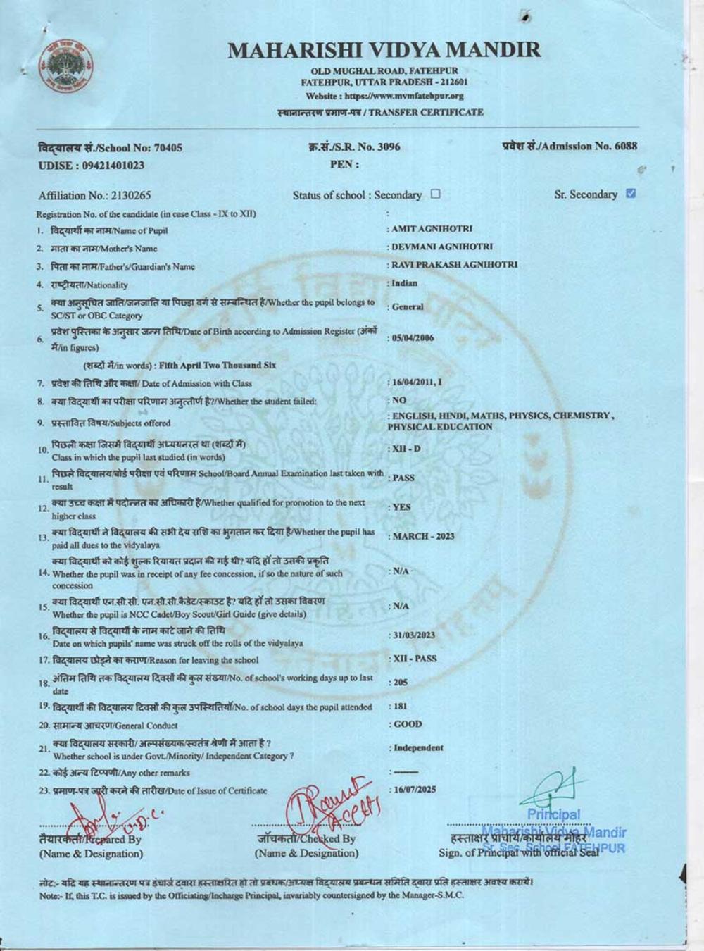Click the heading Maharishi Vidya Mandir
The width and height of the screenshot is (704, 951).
[x=384, y=50]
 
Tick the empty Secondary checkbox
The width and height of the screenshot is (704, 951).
[x=435, y=194]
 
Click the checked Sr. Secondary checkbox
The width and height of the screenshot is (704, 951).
[x=631, y=194]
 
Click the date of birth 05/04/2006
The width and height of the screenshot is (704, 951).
[x=413, y=338]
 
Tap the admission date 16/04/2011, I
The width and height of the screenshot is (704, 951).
[x=417, y=382]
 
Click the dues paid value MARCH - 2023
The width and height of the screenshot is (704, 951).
[x=423, y=537]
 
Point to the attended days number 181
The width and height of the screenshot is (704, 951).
[x=399, y=706]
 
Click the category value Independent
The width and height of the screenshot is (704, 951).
[x=418, y=748]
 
